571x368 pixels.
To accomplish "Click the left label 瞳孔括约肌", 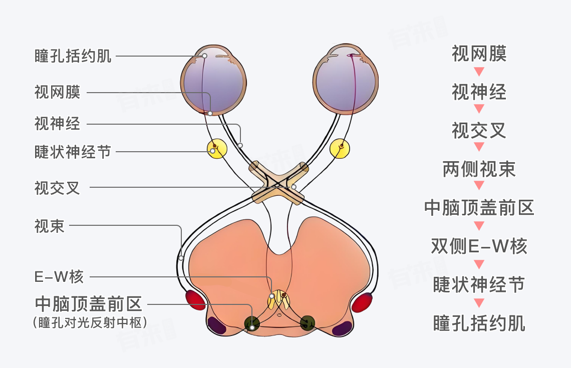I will (x=73, y=56).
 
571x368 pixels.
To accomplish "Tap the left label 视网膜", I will (x=57, y=93).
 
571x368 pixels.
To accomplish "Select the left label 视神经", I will (x=57, y=123).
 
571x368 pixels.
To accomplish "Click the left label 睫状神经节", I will (x=73, y=152).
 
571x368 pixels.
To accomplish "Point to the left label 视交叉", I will (x=57, y=188).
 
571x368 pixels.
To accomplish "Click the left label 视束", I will (x=50, y=226).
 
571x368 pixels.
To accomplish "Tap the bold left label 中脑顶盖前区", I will (x=89, y=304).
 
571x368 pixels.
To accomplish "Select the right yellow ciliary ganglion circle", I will (x=340, y=148).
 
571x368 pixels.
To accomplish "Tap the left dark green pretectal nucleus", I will (x=252, y=323).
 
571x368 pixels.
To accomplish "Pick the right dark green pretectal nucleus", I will (x=308, y=323).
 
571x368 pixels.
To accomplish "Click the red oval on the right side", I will (x=362, y=302).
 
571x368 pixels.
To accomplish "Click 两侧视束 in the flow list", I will (x=479, y=170).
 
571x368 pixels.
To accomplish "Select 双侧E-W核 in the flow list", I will (x=479, y=246).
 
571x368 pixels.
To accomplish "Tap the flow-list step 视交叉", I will (x=479, y=131).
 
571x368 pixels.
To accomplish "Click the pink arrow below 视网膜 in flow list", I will (x=479, y=71).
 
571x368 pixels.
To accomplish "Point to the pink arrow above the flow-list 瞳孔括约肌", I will (x=479, y=303).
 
